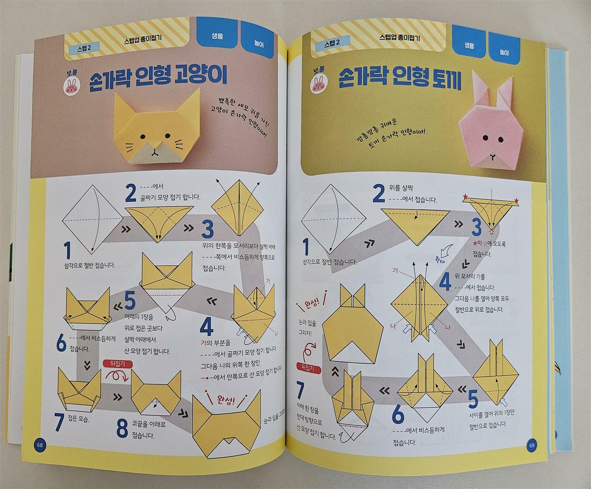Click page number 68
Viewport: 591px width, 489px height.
[x=40, y=445]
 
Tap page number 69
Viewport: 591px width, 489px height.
[x=532, y=445]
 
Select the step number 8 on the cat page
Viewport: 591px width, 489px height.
[x=122, y=428]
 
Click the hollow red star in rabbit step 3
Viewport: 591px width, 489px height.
[x=491, y=233]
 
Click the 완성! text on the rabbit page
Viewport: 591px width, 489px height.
[x=311, y=305]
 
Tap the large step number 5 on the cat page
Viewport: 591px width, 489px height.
[x=130, y=301]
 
